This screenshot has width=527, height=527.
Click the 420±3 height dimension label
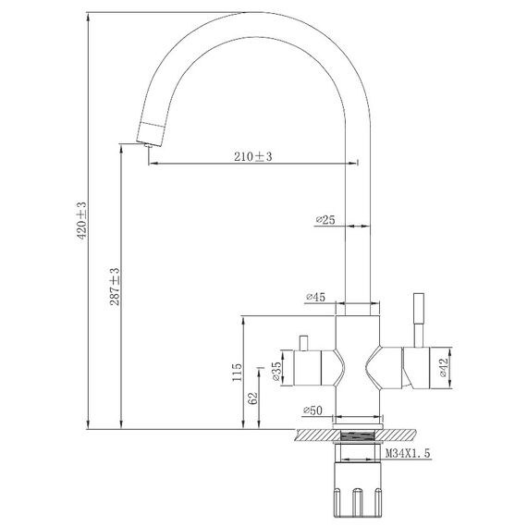pos(82,221)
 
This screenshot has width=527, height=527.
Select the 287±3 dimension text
pos(116,287)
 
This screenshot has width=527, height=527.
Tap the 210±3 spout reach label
pos(253,156)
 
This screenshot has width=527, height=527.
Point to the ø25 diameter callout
pos(325,220)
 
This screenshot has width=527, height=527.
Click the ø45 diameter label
pos(316,297)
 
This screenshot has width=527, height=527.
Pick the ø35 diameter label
pos(276,372)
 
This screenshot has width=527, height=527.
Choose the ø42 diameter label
pos(444,367)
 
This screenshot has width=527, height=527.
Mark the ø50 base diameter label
pos(313,410)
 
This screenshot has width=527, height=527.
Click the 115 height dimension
pos(237,372)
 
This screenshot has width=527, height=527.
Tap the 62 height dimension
pos(253,398)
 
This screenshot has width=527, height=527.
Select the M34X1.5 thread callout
pos(408,453)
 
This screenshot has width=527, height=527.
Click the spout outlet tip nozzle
pos(148,145)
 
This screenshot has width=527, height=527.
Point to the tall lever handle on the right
pos(419,320)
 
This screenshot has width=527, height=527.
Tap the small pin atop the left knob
pos(303,343)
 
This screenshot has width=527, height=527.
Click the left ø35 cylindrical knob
pos(308,368)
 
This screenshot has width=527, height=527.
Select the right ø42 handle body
pos(416,368)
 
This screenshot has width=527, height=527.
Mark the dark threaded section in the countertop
pos(358,435)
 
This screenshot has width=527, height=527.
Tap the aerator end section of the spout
pos(151,134)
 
